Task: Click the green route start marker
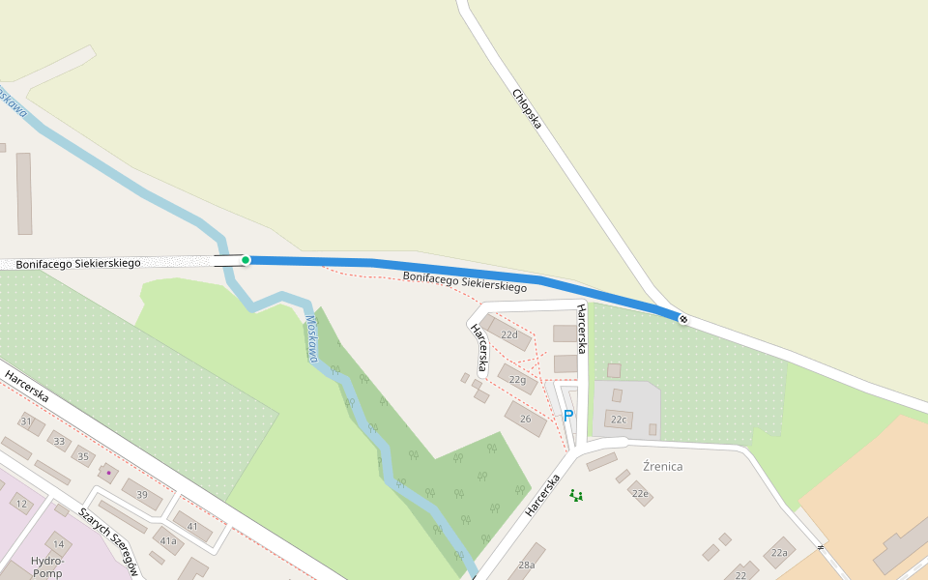246,260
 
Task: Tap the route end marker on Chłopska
683,319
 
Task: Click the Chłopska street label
527,109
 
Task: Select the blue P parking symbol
568,416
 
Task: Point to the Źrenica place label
662,467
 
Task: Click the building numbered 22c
619,420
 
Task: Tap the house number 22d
508,334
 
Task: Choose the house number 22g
518,380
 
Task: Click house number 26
526,419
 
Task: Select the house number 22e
640,493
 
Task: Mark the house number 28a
527,565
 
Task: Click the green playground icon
576,495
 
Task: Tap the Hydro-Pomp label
47,566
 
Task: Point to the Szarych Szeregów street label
111,539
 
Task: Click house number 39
142,494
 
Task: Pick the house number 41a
169,540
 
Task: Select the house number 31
26,421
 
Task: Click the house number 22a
779,553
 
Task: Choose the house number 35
83,456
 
